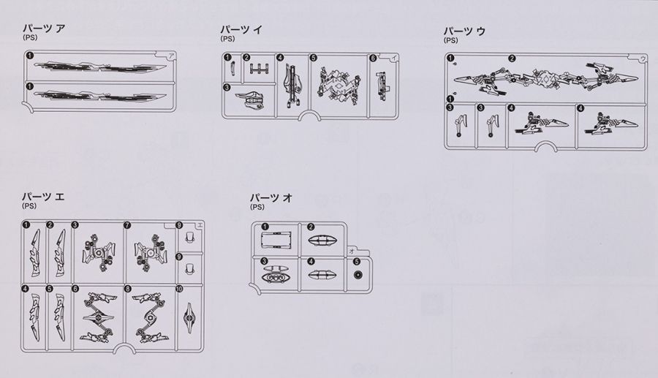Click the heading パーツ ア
click(x=44, y=29)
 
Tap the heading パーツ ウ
click(x=464, y=31)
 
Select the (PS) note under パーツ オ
click(x=257, y=207)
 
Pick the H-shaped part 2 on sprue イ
click(x=259, y=69)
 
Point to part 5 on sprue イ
click(x=339, y=84)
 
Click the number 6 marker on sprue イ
click(x=373, y=58)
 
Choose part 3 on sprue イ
click(x=252, y=99)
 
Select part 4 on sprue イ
click(x=292, y=86)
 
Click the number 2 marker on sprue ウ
click(x=512, y=58)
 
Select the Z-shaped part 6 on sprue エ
click(x=99, y=317)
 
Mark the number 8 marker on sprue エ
click(x=127, y=289)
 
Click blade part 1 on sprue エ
click(x=34, y=256)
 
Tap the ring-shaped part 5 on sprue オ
click(x=358, y=275)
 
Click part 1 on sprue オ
click(x=276, y=241)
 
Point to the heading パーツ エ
click(x=44, y=197)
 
